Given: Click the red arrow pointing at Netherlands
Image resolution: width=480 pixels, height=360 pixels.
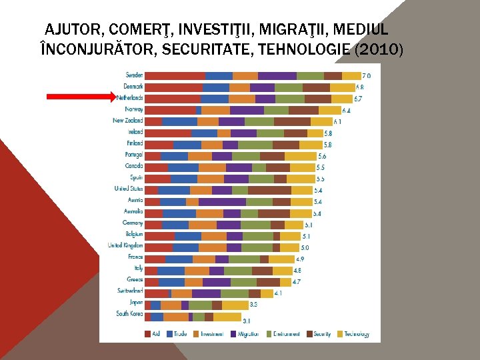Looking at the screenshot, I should [80, 97].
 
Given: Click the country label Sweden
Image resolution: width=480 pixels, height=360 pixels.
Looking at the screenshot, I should [133, 75].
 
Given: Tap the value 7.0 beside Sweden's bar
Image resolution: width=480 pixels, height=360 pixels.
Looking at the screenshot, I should [367, 76].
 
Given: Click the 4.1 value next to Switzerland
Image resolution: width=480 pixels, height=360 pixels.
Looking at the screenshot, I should [278, 293].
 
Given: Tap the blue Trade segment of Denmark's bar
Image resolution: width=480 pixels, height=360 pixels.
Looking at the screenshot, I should [215, 87].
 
